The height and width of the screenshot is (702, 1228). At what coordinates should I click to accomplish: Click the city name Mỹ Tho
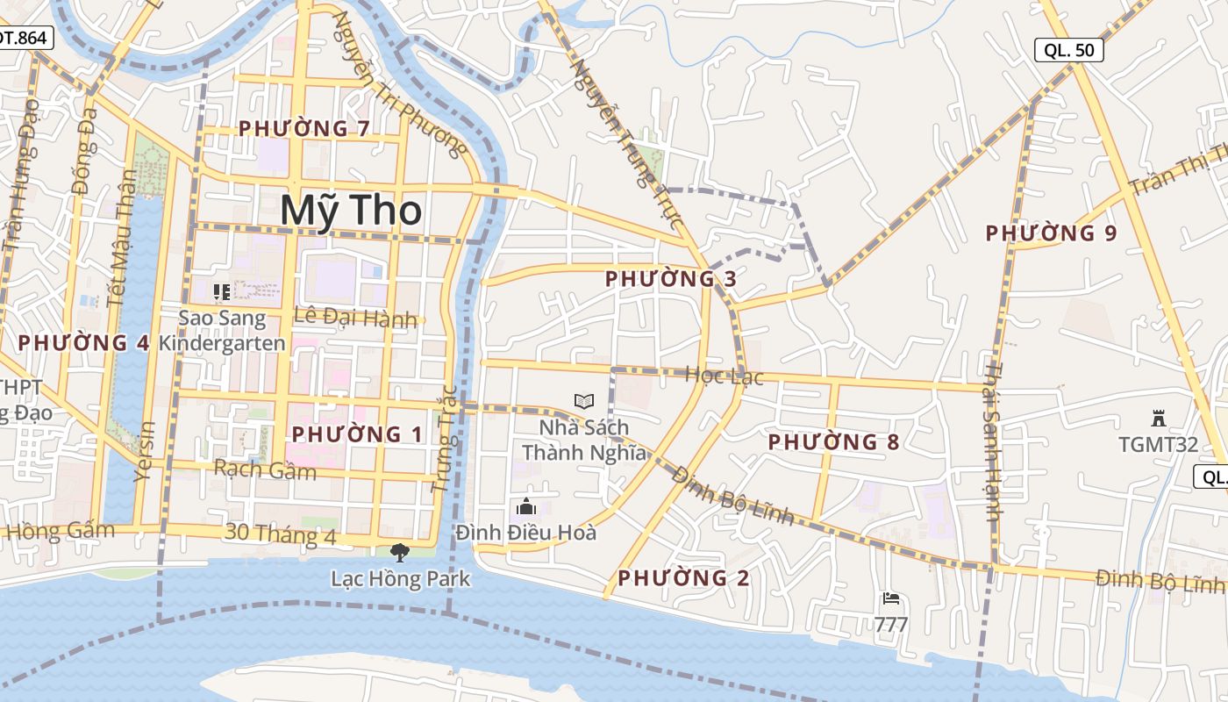point(351,211)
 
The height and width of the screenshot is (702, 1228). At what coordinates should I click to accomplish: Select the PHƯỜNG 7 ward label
point(303,129)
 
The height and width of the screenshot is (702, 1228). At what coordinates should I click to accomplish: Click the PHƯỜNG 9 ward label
point(1051,233)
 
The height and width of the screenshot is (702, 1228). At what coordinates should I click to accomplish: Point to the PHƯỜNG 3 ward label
point(670,279)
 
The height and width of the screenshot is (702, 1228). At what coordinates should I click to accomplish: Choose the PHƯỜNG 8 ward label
point(833,441)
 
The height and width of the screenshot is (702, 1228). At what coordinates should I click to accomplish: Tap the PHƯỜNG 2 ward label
point(683,578)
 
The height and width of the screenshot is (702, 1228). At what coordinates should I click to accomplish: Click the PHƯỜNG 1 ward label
point(357,434)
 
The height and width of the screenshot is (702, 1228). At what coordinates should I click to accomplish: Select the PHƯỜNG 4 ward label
point(83,342)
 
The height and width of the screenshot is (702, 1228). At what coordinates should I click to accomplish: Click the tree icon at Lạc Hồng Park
point(400,552)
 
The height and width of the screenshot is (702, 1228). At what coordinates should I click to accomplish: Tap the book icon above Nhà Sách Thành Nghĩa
point(584,401)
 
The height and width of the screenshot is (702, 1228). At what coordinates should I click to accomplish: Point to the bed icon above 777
point(891,599)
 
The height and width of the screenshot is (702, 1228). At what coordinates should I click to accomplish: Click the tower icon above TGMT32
point(1158,419)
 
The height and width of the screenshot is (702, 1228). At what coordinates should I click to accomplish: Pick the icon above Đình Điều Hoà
point(526,506)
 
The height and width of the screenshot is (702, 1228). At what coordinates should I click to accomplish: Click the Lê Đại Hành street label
point(355,318)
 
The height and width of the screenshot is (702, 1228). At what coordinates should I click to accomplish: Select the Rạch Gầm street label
point(265,470)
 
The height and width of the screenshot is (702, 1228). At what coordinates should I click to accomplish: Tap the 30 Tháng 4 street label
point(280,534)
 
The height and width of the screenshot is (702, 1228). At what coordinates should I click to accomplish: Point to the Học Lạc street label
point(724,376)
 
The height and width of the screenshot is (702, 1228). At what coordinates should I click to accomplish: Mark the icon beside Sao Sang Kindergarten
point(221,290)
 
